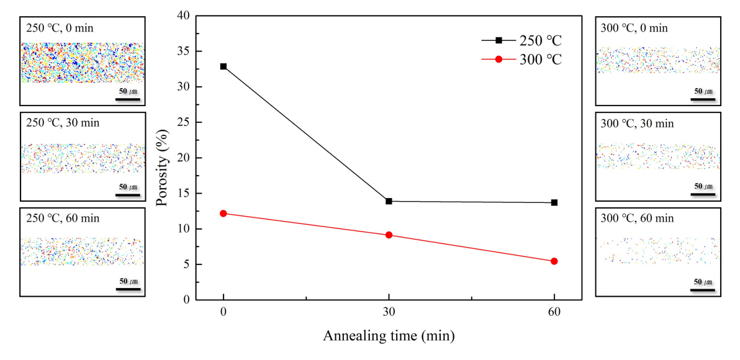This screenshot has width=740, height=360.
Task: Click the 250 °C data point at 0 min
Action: [x=223, y=66]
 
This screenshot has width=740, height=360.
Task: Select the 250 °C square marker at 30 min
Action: [x=389, y=201]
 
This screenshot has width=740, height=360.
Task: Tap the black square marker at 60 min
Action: [x=554, y=202]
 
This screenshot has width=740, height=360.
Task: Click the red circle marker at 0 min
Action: [x=223, y=214]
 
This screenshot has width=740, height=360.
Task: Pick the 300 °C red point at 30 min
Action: [x=389, y=235]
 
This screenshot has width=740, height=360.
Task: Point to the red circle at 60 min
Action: [x=554, y=261]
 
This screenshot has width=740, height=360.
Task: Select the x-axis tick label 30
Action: [x=389, y=312]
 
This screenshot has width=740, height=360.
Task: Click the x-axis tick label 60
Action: [x=554, y=312]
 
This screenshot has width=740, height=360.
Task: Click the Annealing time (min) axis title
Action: [x=389, y=336]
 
